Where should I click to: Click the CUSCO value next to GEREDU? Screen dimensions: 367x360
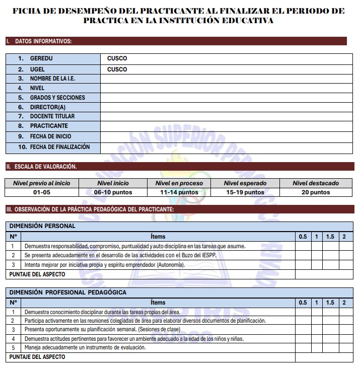117,58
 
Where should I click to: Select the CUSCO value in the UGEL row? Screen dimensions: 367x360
117,69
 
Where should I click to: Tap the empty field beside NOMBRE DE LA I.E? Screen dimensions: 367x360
227,79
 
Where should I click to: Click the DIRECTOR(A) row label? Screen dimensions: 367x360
48,107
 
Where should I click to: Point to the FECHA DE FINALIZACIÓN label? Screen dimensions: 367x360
60,147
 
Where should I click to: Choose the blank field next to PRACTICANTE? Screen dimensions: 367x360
227,126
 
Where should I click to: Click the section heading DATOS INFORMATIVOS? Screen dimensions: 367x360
43,41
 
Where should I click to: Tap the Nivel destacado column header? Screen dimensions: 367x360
316,183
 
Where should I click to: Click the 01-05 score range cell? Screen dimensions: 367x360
42,192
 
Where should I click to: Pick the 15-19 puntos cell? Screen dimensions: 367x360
245,192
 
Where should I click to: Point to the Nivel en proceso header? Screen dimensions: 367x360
179,183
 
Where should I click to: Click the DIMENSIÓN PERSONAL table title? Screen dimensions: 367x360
42,226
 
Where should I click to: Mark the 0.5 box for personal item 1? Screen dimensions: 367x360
303,246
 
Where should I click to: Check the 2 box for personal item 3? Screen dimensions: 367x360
344,265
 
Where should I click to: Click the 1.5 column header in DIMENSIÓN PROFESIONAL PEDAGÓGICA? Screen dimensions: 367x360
330,303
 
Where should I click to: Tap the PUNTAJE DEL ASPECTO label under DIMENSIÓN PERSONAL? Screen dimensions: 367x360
37,274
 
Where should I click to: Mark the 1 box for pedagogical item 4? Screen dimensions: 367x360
316,339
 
